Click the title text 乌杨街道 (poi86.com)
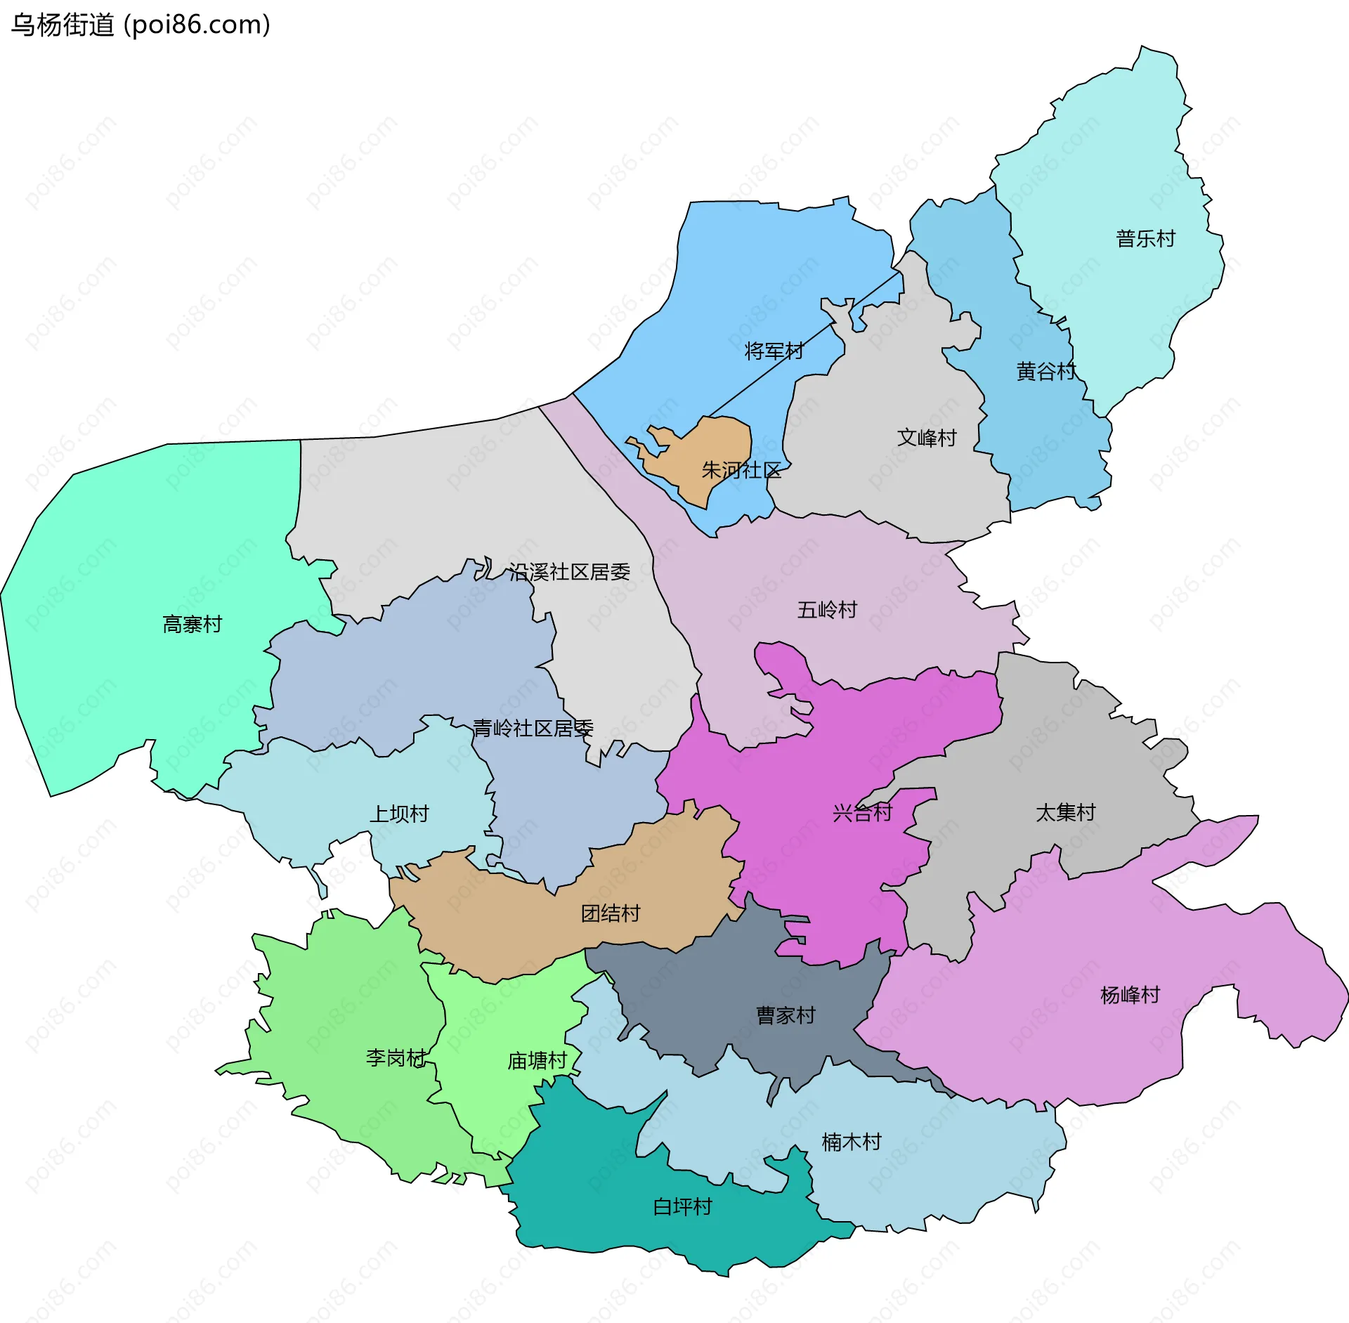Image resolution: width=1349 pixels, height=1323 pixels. pyautogui.click(x=141, y=25)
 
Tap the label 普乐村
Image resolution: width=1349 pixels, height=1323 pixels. pyautogui.click(x=1145, y=239)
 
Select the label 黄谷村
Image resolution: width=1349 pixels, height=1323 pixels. pyautogui.click(x=1045, y=372)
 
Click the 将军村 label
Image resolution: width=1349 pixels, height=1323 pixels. pyautogui.click(x=774, y=351)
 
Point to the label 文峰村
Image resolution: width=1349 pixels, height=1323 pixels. pyautogui.click(x=927, y=438)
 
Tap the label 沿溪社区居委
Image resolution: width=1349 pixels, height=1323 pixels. pyautogui.click(x=569, y=572)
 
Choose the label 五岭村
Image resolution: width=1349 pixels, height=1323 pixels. pyautogui.click(x=827, y=610)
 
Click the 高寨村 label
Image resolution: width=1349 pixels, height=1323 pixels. pyautogui.click(x=192, y=624)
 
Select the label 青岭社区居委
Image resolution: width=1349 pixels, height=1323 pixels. pyautogui.click(x=533, y=728)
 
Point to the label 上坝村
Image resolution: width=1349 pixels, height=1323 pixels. pyautogui.click(x=399, y=814)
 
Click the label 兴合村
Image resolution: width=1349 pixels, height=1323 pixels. pyautogui.click(x=862, y=813)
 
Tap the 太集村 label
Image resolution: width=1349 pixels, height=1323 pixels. pyautogui.click(x=1065, y=813)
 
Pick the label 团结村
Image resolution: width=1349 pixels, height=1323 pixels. pyautogui.click(x=611, y=913)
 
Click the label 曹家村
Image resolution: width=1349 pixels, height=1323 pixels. pyautogui.click(x=786, y=1015)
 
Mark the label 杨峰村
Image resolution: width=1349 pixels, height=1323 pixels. pyautogui.click(x=1130, y=995)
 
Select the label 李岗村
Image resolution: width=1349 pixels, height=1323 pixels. pyautogui.click(x=396, y=1057)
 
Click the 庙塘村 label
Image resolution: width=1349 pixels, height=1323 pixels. pyautogui.click(x=537, y=1061)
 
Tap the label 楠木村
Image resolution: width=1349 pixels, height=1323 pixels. pyautogui.click(x=852, y=1142)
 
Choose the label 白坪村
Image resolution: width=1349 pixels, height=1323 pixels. pyautogui.click(x=682, y=1207)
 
